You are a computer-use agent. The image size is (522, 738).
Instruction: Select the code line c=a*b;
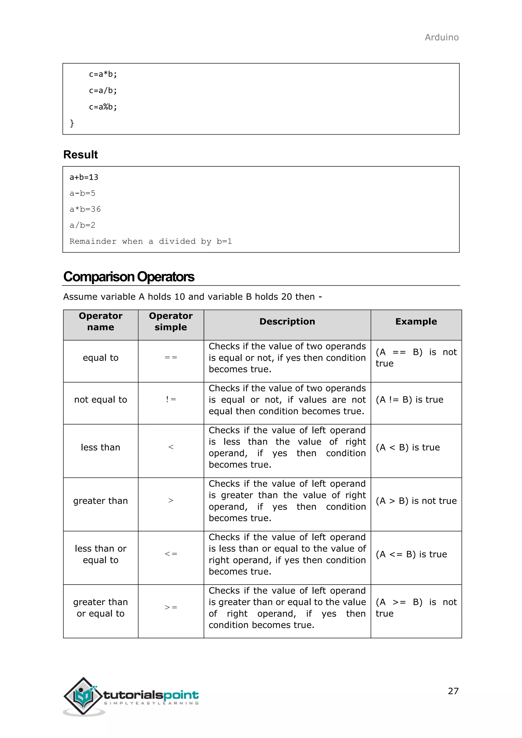pos(103,74)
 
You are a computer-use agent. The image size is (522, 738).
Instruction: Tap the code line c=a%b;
pos(103,107)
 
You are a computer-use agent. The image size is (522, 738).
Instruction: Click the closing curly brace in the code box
pos(72,123)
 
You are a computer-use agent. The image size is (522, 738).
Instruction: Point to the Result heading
pos(80,155)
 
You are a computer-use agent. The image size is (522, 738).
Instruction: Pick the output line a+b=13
pos(84,177)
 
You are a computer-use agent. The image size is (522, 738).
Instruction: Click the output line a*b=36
pos(85,209)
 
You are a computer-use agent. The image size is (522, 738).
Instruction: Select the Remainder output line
pos(150,241)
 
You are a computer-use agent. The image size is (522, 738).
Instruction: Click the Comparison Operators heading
pos(128,277)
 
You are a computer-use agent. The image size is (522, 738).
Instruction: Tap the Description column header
pos(287,321)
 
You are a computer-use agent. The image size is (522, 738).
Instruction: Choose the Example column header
pos(416,321)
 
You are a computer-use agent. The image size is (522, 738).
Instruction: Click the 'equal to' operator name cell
pos(101,358)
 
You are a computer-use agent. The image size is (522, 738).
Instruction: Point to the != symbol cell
pos(171,400)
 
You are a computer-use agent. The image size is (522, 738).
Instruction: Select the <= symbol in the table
pos(171,554)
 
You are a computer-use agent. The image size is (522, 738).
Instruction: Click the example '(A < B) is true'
pos(408,447)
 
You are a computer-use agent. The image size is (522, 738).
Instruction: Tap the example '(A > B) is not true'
pos(416,501)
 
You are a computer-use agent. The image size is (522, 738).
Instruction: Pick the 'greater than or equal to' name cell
pos(101,608)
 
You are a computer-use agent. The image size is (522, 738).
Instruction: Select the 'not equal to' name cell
pos(101,400)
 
